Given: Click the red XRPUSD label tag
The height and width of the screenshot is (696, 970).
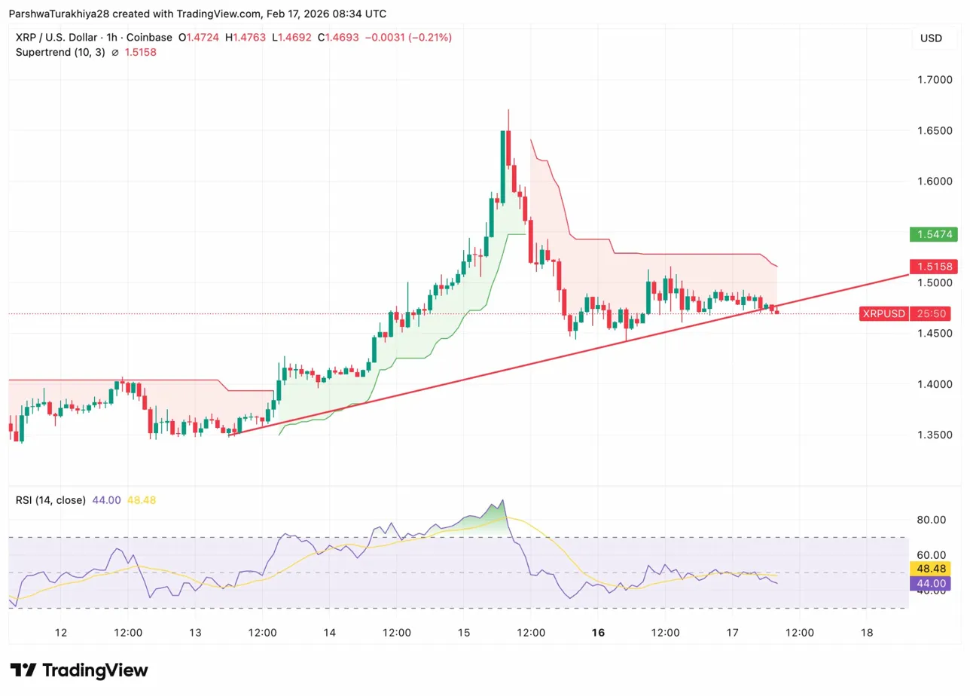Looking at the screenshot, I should click(x=883, y=313).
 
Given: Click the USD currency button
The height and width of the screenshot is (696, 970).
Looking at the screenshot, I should click(x=931, y=38).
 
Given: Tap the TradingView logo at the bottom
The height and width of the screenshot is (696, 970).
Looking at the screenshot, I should click(x=79, y=670).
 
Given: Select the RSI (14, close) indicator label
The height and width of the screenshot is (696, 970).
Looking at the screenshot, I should click(x=50, y=500).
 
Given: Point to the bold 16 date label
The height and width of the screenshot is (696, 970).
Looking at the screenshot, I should click(x=598, y=633).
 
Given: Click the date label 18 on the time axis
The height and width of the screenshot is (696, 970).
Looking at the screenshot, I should click(x=866, y=633).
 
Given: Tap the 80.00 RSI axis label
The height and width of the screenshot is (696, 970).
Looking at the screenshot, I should click(x=932, y=520).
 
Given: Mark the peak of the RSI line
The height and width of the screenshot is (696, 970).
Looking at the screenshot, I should click(x=502, y=500).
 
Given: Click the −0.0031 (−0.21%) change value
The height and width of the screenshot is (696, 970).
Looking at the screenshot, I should click(x=408, y=37).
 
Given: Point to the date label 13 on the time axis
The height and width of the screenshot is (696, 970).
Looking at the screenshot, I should click(x=195, y=633).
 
